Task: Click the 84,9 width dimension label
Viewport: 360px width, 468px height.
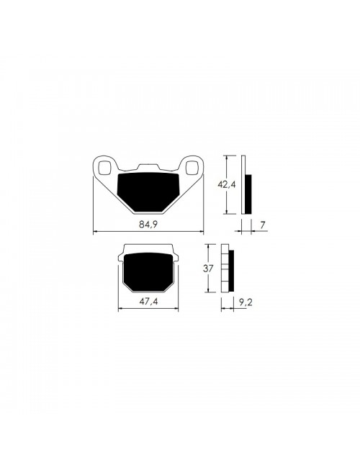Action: click(148, 225)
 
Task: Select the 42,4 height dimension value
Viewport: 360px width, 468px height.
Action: click(228, 184)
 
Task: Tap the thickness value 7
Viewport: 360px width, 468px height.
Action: click(264, 225)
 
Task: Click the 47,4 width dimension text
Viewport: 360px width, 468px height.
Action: click(149, 302)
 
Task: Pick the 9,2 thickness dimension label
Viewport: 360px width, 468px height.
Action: click(245, 303)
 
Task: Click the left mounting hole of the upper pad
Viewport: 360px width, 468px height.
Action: click(104, 168)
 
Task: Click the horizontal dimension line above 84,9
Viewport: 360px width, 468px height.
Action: click(148, 232)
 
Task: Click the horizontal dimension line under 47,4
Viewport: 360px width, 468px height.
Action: click(149, 309)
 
